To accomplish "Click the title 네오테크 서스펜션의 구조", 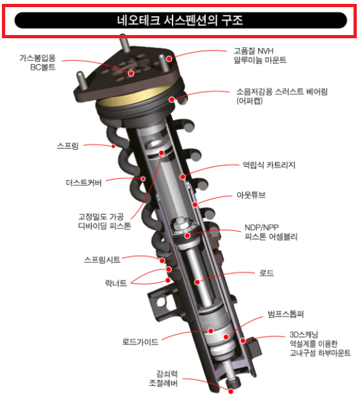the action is click(180, 20).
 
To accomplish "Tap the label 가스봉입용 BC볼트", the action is click(38, 62).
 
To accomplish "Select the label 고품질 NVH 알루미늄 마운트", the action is click(260, 55).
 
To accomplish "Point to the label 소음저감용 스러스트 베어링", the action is click(282, 91).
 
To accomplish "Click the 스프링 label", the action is click(67, 146).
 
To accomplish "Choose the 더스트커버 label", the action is click(84, 183).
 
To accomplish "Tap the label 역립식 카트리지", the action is click(269, 165).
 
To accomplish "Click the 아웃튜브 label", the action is click(251, 195).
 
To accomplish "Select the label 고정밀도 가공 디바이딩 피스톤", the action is click(104, 221).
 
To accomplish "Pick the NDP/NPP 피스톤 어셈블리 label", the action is click(271, 232).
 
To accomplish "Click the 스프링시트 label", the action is click(102, 259).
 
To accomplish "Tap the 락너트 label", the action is click(116, 283).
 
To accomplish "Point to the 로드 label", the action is click(267, 273).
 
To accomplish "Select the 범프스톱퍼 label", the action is click(286, 314).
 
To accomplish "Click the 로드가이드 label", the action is click(141, 342).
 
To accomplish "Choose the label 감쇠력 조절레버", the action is click(163, 379).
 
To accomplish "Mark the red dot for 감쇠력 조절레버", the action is click(230, 391).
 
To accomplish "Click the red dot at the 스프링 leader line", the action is click(113, 146).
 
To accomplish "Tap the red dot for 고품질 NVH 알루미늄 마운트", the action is click(169, 59).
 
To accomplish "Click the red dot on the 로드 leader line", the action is click(197, 282).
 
